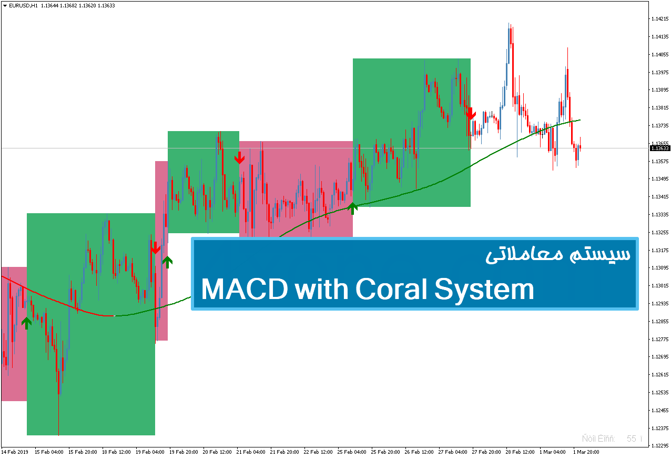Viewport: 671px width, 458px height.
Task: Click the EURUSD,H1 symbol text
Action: [24, 6]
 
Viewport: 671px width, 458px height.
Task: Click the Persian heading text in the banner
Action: [557, 254]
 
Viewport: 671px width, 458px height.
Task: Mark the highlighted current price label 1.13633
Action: [659, 148]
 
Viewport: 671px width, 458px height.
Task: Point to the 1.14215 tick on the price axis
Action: [659, 19]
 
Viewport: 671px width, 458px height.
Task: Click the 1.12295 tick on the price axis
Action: [659, 446]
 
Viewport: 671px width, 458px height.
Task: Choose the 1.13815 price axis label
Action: [659, 108]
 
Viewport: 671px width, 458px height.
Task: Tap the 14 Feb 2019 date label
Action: [15, 452]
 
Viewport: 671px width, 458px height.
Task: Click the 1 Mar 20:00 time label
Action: [586, 452]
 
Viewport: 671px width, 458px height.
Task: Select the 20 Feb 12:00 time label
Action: [217, 452]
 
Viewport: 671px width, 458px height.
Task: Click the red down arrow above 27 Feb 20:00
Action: [471, 113]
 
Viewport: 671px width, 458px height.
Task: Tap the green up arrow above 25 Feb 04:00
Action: [352, 208]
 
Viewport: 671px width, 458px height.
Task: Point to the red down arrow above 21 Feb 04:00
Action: [239, 157]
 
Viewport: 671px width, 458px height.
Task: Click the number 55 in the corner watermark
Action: [631, 439]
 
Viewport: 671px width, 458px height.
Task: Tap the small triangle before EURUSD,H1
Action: [4, 6]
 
